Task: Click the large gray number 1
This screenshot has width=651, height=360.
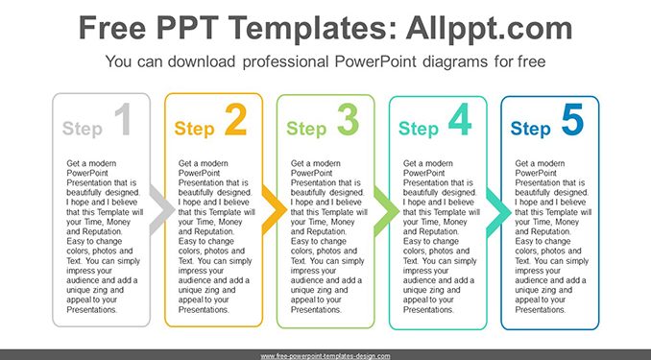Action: coord(124,120)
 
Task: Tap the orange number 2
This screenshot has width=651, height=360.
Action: coord(236,120)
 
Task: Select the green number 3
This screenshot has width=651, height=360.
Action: coord(348,120)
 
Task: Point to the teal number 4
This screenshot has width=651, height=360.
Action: coord(460,120)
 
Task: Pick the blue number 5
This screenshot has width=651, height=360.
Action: coord(572,120)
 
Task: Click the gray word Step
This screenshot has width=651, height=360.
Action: coord(83,129)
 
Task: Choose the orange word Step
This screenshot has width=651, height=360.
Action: coord(194,129)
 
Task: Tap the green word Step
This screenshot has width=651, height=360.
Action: coord(306,129)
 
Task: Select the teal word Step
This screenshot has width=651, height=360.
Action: coord(419,129)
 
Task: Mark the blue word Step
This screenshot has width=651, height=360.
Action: coord(531,129)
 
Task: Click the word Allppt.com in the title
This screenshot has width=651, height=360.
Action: coord(489,28)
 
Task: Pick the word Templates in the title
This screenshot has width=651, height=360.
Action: coord(311,28)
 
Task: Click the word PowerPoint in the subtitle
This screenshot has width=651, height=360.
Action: coord(375,61)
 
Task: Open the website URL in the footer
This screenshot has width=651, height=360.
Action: coord(325,356)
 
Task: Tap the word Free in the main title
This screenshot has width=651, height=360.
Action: coord(112,28)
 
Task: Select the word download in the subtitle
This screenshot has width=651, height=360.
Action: coord(202,61)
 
